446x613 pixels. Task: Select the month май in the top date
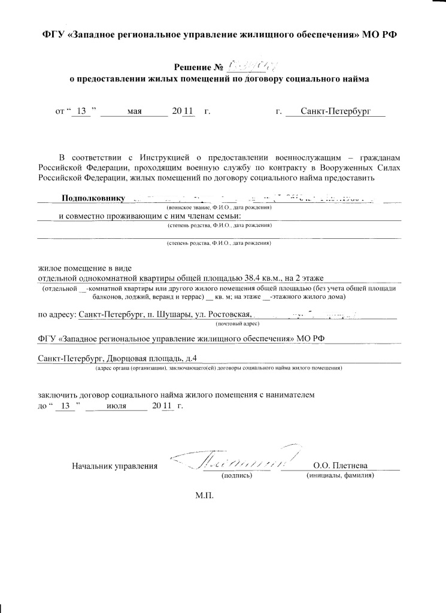[x=134, y=111]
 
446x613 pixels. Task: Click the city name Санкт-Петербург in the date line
[x=335, y=111]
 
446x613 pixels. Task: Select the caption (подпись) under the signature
[x=236, y=475]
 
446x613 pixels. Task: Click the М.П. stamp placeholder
[x=204, y=496]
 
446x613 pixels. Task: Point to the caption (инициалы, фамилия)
[x=340, y=475]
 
